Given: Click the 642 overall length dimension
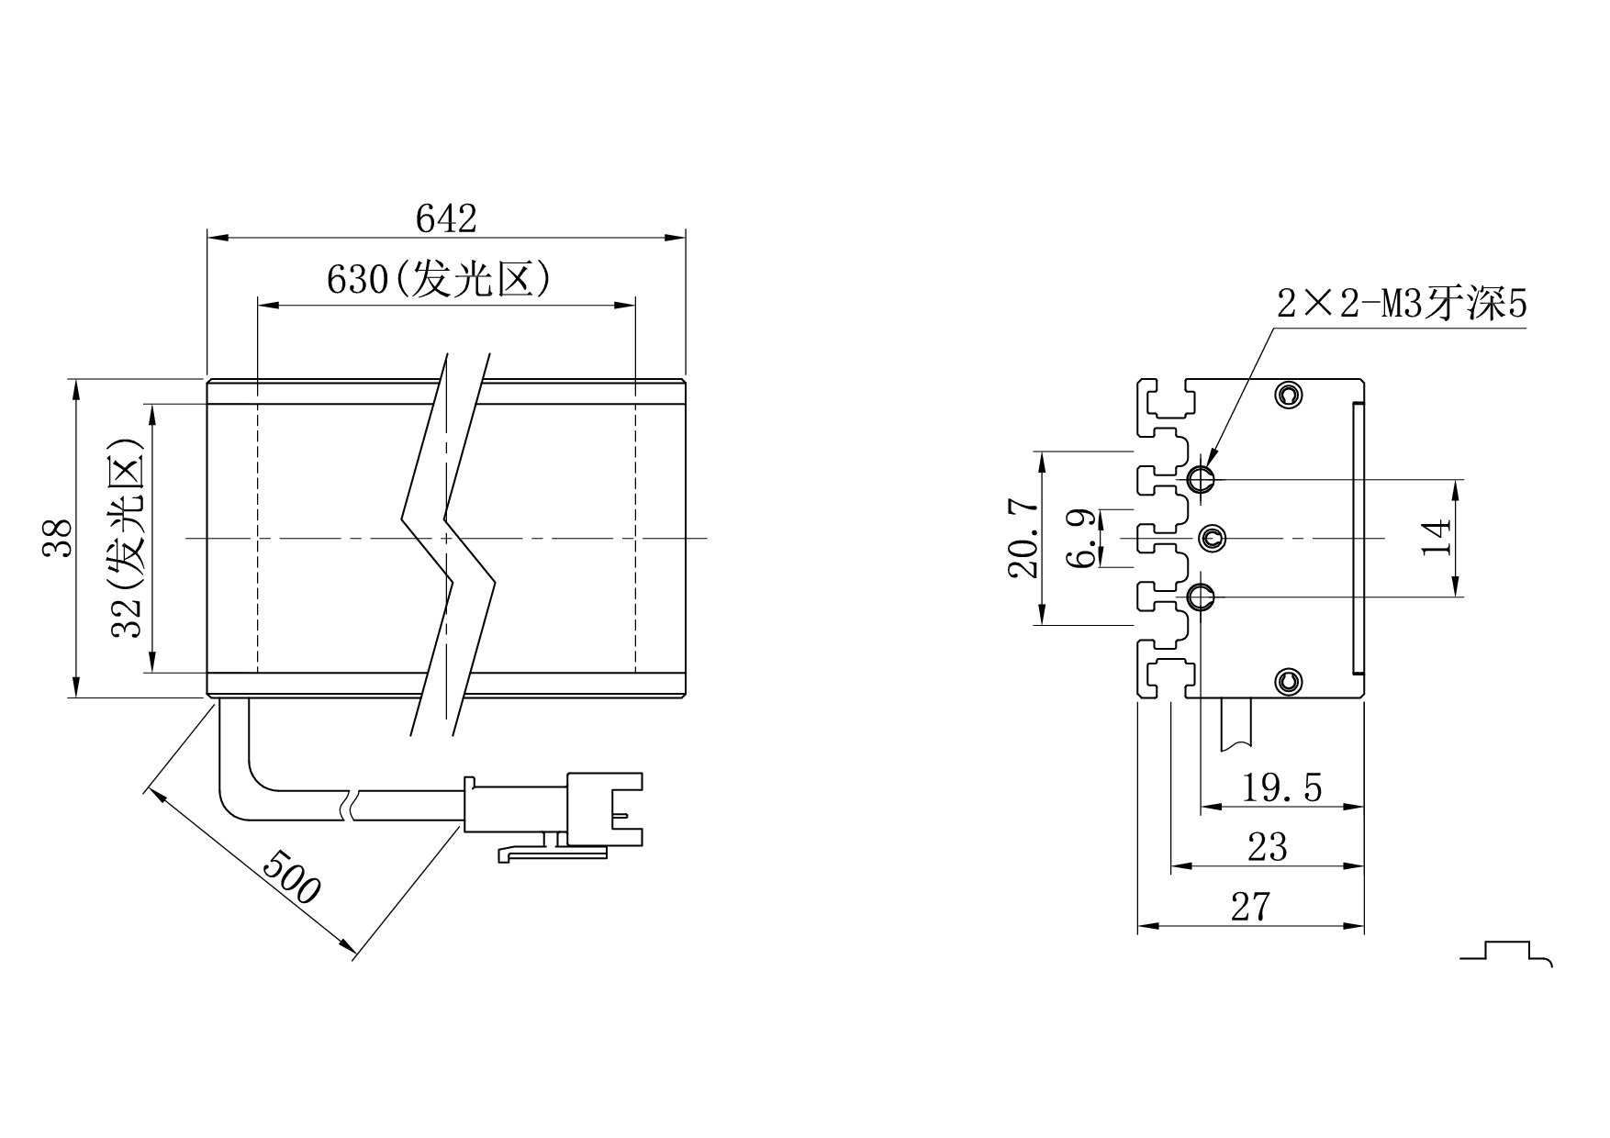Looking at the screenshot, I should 446,219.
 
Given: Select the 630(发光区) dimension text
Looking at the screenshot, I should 439,279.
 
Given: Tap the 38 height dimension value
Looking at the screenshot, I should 59,538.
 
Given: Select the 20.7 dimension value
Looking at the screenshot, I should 1023,539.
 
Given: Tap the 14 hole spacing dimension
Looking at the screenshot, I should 1437,538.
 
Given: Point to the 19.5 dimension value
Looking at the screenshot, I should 1281,787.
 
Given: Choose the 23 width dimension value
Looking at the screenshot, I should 1267,847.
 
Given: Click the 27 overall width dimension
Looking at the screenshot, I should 1250,907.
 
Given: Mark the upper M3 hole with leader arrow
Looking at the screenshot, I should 1201,478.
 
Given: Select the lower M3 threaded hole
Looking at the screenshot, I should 1201,597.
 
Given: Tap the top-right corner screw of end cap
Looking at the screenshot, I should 1290,395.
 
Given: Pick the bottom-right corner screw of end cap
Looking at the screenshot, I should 1290,681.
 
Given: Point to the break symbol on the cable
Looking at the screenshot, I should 349,805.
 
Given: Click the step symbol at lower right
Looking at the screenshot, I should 1505,952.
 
